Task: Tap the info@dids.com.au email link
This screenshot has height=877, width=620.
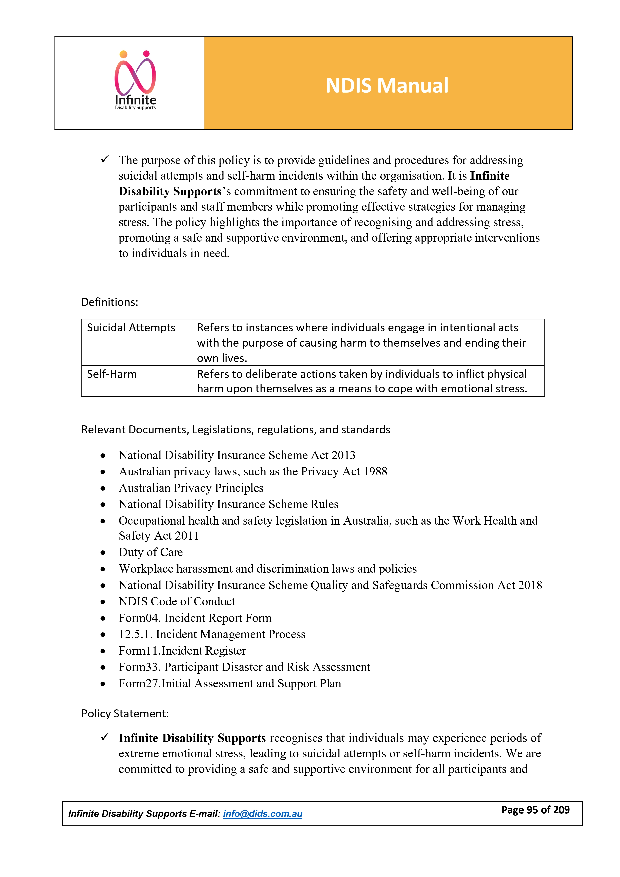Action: [262, 814]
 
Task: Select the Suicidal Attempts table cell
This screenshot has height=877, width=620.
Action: [131, 328]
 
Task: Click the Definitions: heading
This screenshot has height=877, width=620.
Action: [110, 302]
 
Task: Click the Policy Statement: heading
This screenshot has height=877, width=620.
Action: [125, 714]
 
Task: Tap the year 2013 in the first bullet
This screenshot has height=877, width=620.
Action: [343, 455]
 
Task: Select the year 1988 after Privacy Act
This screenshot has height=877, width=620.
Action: [375, 472]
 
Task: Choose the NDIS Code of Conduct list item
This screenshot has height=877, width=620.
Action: [177, 602]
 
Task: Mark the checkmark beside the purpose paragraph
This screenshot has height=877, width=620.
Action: [105, 159]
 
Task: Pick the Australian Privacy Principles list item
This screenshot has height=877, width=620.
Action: [191, 488]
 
